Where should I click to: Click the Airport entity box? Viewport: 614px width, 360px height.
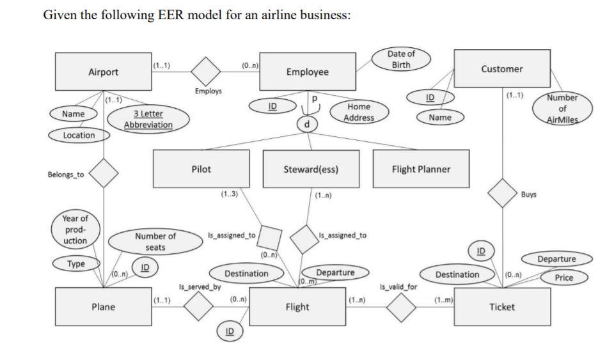(102, 72)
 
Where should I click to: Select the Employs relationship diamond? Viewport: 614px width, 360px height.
(207, 71)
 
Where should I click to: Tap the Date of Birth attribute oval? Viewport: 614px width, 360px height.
(400, 60)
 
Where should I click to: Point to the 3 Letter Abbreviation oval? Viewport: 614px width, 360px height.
(148, 119)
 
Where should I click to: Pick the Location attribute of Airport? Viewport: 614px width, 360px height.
(79, 136)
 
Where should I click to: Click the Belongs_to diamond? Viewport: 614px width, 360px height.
(104, 173)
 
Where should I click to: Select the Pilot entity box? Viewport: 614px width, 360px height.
(201, 169)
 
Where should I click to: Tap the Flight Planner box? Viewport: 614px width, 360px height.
(420, 169)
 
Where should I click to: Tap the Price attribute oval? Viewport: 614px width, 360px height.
(563, 278)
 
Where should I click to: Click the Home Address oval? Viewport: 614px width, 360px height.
(358, 112)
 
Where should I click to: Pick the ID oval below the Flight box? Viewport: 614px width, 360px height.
(230, 331)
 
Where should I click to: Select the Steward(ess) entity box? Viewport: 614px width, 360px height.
(310, 169)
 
